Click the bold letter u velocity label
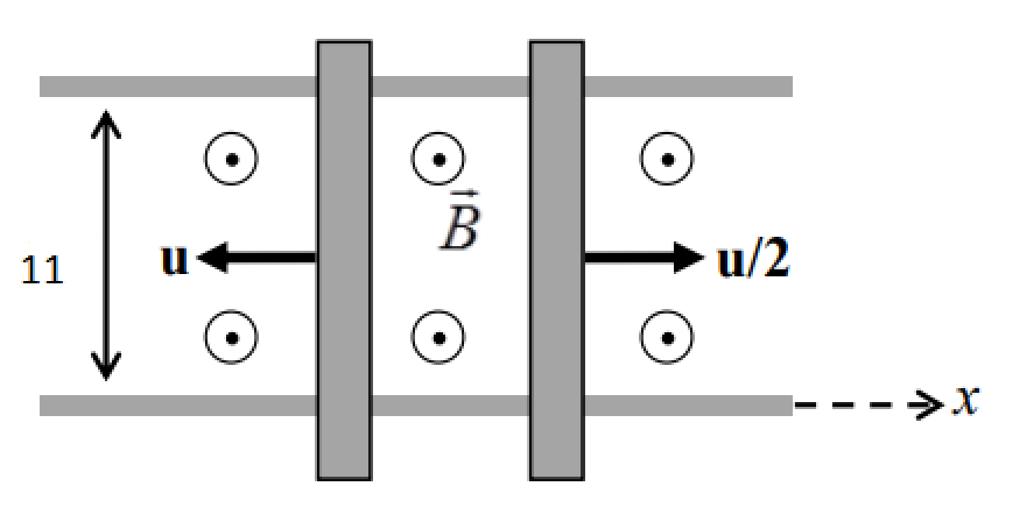174,261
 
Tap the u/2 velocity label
752,261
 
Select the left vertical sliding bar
343,261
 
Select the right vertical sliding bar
556,261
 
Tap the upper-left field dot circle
232,160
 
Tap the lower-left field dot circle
232,338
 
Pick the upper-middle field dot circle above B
438,160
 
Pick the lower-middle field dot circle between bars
438,338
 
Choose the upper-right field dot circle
667,160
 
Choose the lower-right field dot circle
667,338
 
